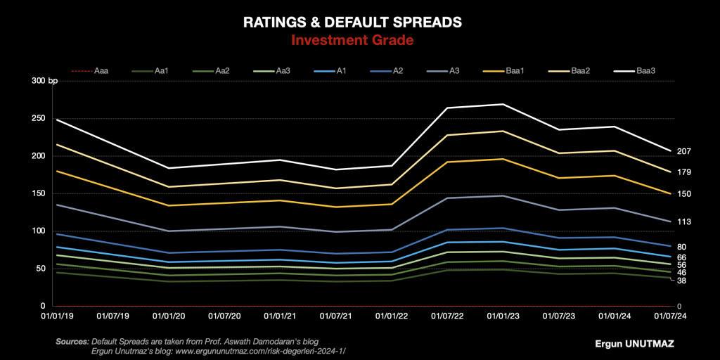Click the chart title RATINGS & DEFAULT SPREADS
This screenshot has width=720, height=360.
click(x=352, y=22)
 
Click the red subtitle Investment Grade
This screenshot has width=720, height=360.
click(x=352, y=40)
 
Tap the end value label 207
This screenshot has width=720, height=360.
click(x=684, y=151)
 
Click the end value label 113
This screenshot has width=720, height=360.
click(x=684, y=221)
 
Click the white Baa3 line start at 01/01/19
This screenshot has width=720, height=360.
click(x=57, y=120)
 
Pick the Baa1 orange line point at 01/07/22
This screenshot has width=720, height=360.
click(x=447, y=162)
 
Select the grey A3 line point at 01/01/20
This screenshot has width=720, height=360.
click(x=169, y=231)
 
